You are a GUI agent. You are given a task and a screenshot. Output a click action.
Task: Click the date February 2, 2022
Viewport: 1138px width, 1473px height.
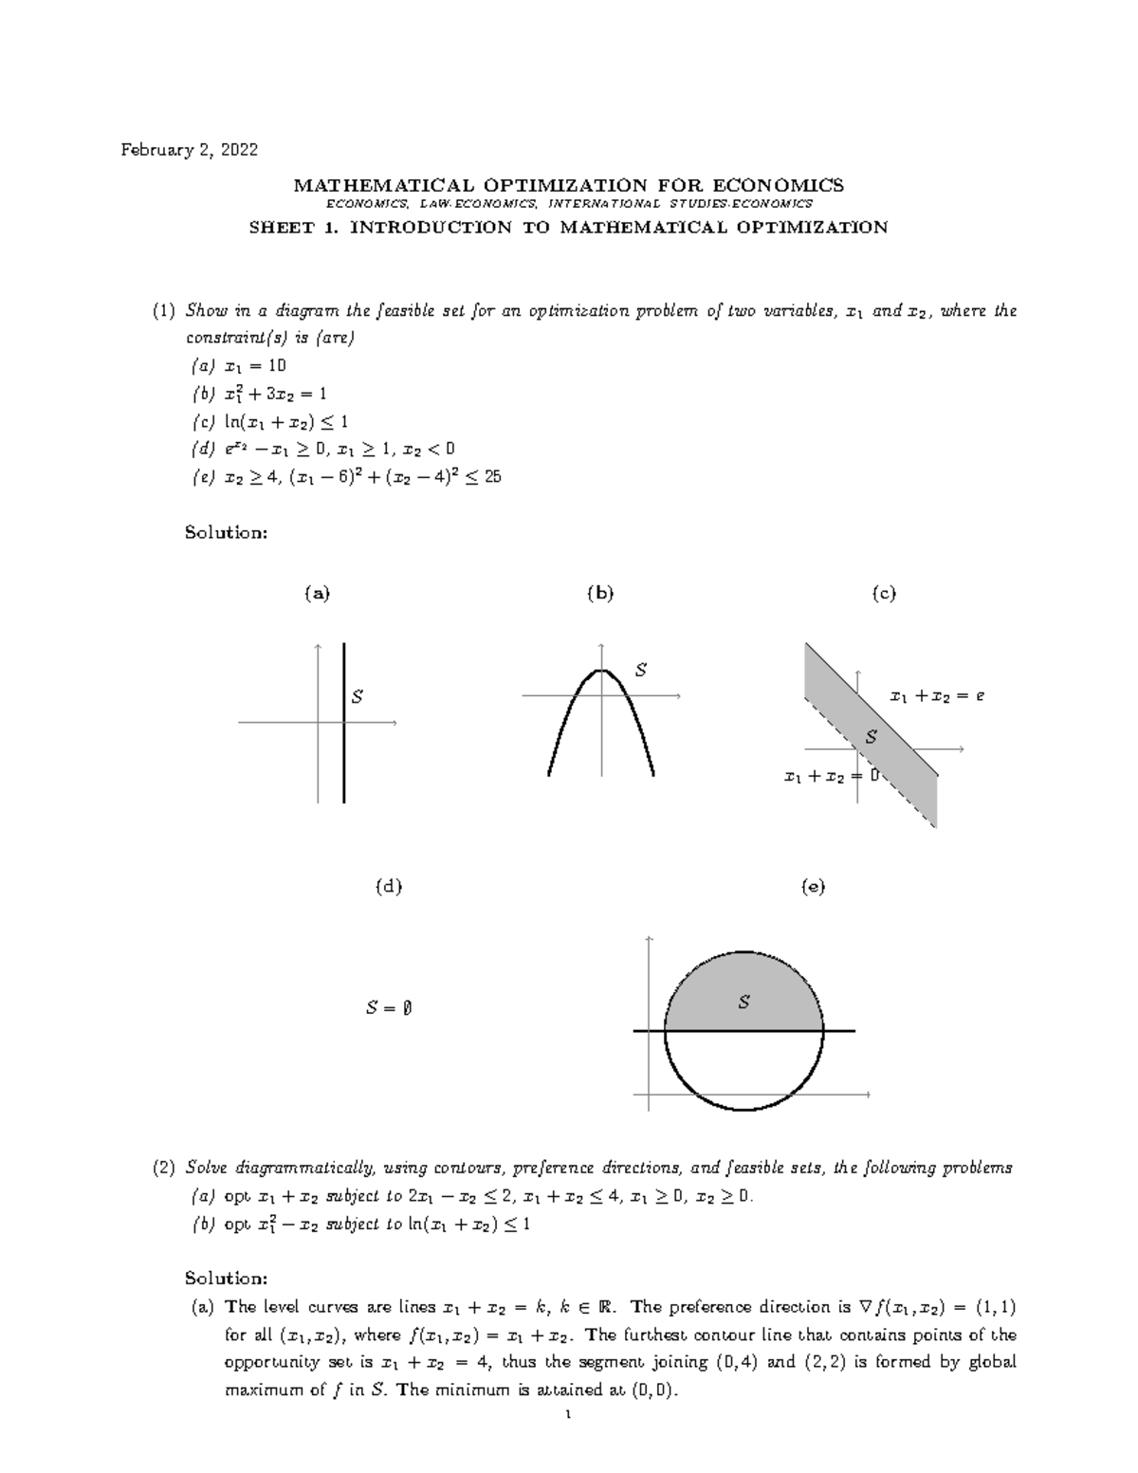(x=188, y=150)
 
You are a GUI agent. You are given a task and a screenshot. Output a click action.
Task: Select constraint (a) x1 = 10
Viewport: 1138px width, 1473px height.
(x=238, y=365)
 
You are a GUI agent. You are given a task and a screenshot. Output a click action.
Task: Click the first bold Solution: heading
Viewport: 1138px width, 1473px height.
(x=227, y=532)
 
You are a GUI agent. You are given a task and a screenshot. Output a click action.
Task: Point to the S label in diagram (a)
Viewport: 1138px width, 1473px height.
(x=358, y=697)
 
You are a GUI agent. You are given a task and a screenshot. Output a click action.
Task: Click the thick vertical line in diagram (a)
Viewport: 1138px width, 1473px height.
(x=343, y=749)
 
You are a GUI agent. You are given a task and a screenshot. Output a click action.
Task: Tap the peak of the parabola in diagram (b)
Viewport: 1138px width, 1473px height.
(x=601, y=672)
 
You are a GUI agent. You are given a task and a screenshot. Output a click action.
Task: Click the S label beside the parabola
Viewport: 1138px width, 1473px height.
(x=641, y=671)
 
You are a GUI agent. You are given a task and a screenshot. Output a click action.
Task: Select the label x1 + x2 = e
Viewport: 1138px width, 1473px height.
(x=937, y=696)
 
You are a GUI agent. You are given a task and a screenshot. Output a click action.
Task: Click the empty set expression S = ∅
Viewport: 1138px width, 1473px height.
(x=388, y=1008)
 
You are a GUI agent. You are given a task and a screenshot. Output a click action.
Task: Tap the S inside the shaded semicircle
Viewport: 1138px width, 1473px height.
(x=744, y=1002)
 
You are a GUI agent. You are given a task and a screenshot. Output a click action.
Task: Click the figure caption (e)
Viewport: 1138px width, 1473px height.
(x=813, y=887)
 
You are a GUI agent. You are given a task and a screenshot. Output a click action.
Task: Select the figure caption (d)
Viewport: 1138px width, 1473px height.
(x=389, y=887)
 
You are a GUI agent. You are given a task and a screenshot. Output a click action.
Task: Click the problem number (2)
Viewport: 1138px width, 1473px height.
(x=164, y=1168)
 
